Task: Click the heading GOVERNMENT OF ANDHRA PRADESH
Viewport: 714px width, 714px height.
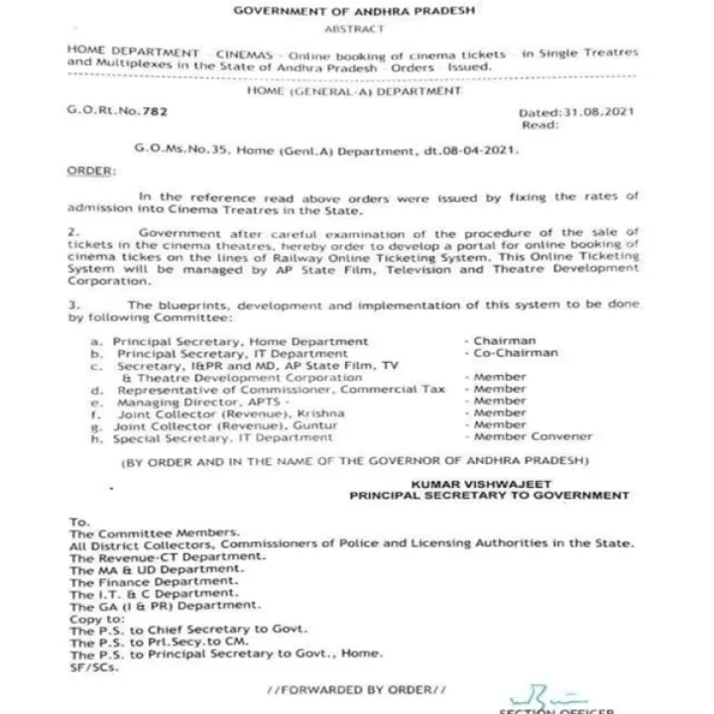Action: pos(353,10)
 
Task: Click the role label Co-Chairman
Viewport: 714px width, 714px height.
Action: pos(516,352)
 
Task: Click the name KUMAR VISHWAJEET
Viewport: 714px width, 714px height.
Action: pos(462,481)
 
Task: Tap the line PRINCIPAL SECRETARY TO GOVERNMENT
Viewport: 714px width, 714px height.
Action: pos(490,494)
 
